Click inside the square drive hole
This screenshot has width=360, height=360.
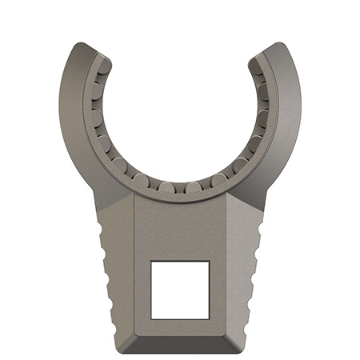[x=180, y=289]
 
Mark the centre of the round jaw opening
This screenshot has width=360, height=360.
[x=180, y=112]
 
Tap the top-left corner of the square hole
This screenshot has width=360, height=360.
[x=152, y=261]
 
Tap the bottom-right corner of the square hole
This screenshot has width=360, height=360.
[x=209, y=318]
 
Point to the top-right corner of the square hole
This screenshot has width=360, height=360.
[x=209, y=261]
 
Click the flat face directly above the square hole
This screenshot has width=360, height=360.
[x=180, y=228]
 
